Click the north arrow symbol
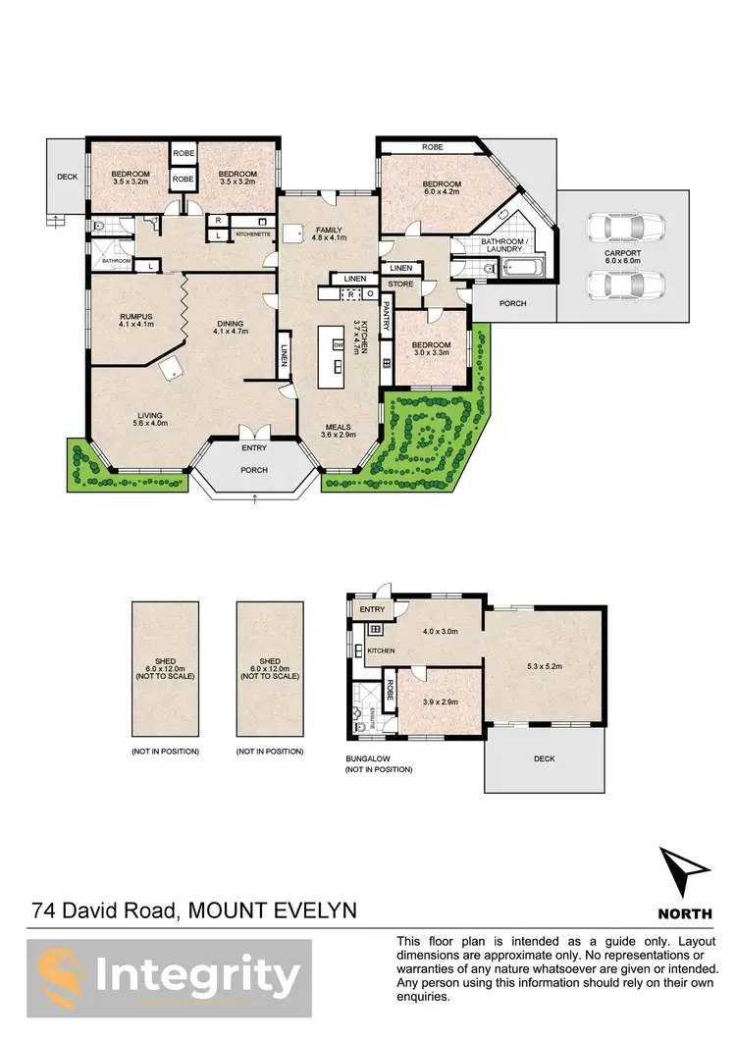(684, 871)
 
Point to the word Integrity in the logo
(197, 976)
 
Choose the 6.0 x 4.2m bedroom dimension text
(442, 193)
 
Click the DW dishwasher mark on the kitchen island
(338, 345)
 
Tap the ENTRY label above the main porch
(254, 448)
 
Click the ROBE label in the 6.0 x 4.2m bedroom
(433, 146)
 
